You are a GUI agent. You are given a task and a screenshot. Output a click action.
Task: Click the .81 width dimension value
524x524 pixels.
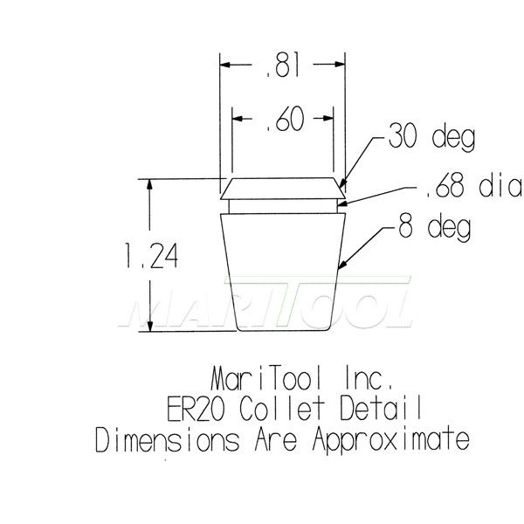(283, 65)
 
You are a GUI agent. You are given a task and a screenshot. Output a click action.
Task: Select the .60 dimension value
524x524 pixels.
(283, 121)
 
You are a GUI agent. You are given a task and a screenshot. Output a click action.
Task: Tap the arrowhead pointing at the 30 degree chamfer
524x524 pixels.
(342, 183)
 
